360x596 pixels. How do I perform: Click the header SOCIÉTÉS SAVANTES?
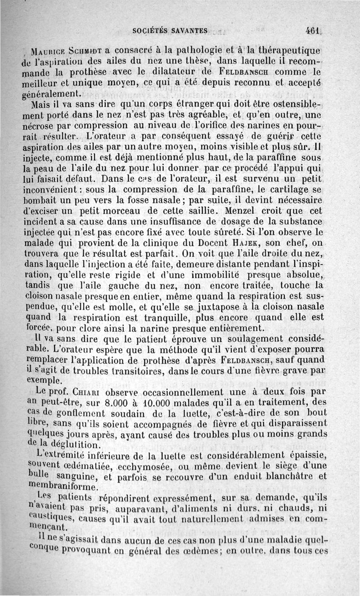click(171, 31)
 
